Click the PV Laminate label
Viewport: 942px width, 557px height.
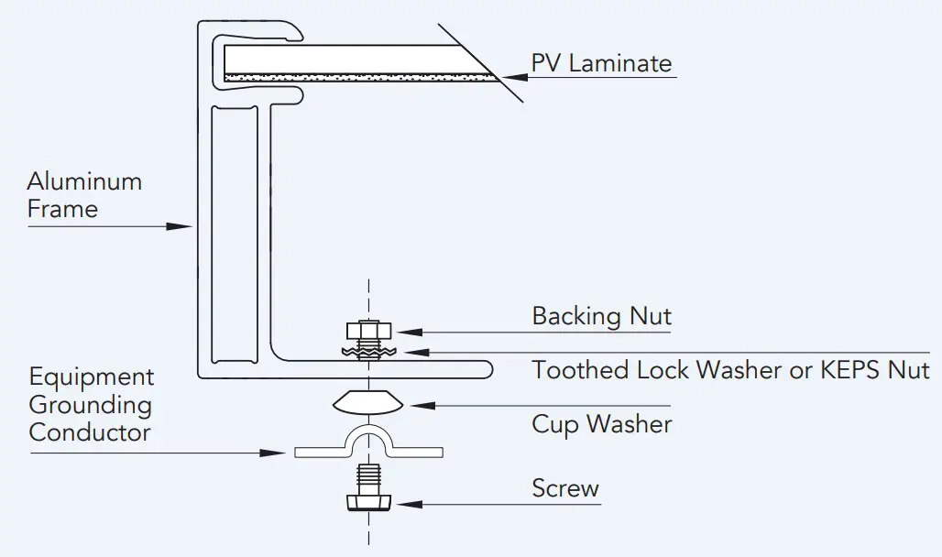point(601,63)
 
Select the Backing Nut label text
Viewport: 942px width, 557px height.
point(601,316)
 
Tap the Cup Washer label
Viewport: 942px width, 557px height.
point(601,424)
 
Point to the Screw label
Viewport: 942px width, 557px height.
point(565,488)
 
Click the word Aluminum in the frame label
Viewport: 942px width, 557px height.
point(84,180)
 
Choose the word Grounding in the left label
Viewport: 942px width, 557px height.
point(91,405)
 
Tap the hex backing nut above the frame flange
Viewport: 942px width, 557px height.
point(368,331)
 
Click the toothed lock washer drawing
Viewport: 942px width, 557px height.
point(368,351)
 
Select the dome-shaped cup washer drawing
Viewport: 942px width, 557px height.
point(367,402)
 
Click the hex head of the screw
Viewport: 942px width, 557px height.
point(367,503)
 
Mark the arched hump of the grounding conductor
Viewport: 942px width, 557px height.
point(367,438)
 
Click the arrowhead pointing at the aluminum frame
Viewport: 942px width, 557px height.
point(180,224)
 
